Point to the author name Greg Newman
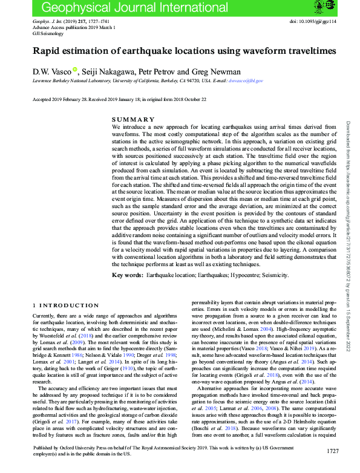pos(217,71)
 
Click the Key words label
pos(128,275)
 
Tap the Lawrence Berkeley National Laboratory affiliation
pos(79,80)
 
